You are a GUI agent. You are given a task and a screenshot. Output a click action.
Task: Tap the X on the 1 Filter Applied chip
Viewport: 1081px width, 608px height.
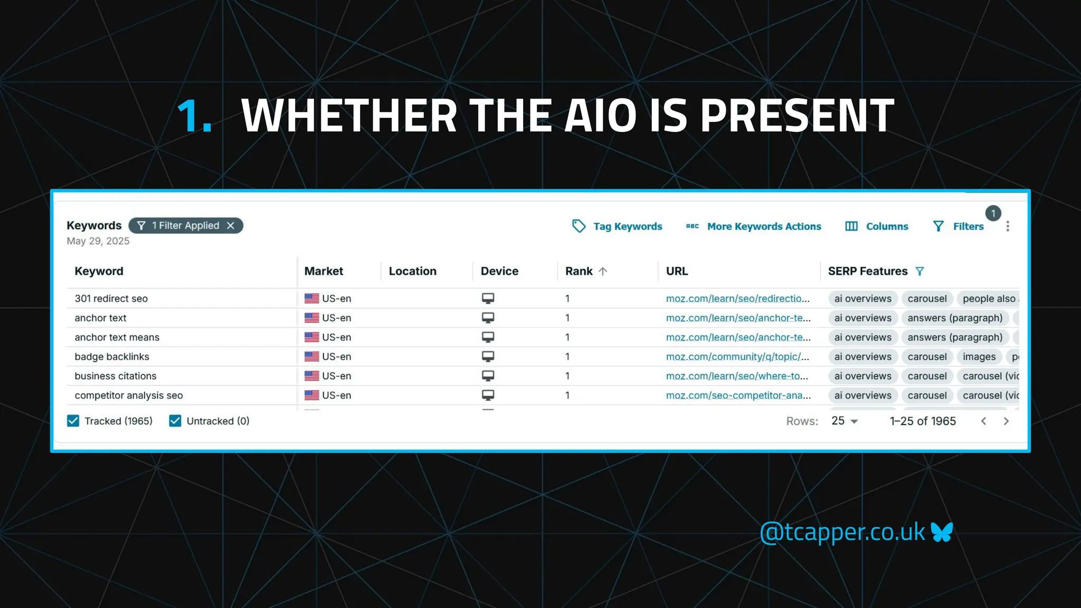tap(231, 226)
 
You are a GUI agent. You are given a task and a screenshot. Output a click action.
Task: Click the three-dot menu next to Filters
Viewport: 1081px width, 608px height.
tap(1008, 226)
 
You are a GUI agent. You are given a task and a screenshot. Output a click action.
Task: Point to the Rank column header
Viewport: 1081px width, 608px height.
tap(579, 271)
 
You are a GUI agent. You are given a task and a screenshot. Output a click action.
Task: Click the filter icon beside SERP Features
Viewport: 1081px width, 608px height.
tap(919, 271)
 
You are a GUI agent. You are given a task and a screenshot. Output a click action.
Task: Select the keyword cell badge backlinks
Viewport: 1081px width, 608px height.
tap(112, 357)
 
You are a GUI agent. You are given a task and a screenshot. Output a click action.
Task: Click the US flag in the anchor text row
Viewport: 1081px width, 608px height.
tap(312, 318)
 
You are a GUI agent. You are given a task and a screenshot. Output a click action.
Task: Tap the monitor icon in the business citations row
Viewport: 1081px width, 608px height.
tap(488, 376)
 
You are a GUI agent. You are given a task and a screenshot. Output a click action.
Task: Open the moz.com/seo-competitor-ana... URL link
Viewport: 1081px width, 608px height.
tap(738, 395)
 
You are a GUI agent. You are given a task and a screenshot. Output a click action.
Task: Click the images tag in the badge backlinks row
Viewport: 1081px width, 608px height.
tap(979, 357)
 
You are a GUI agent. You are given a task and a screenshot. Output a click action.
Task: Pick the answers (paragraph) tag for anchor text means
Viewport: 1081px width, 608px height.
tap(954, 337)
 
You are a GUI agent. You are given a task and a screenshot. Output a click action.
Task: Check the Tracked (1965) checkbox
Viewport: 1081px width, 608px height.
tap(73, 421)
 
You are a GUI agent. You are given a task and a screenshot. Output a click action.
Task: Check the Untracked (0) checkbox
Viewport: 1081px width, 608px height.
tap(175, 421)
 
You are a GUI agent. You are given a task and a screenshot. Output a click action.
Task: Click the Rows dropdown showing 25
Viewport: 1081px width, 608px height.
tap(845, 421)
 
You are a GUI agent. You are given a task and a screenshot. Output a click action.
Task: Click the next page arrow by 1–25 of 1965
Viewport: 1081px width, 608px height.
tap(1006, 421)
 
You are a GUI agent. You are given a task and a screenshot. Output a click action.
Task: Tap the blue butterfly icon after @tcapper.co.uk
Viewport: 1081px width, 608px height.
tap(942, 532)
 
